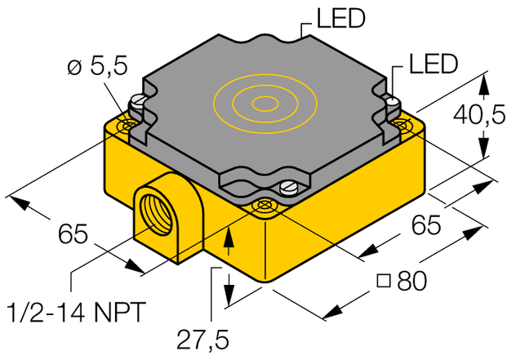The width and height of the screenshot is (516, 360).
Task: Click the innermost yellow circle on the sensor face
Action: tap(264, 103)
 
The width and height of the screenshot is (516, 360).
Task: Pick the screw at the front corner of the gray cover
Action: tap(288, 189)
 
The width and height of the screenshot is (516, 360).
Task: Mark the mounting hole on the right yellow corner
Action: tap(403, 123)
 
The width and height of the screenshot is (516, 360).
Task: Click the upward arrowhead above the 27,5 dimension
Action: tap(229, 235)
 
